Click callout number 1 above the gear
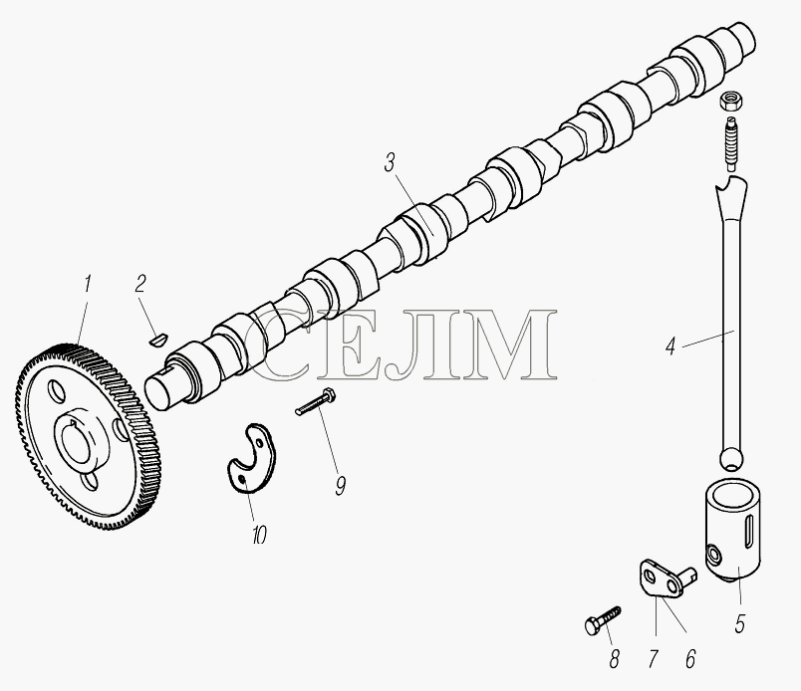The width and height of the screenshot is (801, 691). (87, 284)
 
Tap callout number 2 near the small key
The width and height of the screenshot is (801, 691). (140, 284)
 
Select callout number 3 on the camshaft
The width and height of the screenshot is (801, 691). (390, 163)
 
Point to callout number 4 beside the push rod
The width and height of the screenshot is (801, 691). (670, 346)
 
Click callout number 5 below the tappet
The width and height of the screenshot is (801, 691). (739, 624)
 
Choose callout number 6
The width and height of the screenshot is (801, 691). (690, 659)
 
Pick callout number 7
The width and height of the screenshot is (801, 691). (653, 659)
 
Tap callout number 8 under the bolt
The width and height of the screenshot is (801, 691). (614, 659)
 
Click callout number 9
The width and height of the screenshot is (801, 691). (340, 485)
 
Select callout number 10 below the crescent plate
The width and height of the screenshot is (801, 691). (259, 535)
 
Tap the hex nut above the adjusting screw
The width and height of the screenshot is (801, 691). (731, 102)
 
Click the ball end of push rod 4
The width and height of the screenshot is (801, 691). (731, 458)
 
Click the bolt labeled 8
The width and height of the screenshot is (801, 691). (603, 620)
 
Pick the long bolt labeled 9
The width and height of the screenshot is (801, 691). (315, 401)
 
